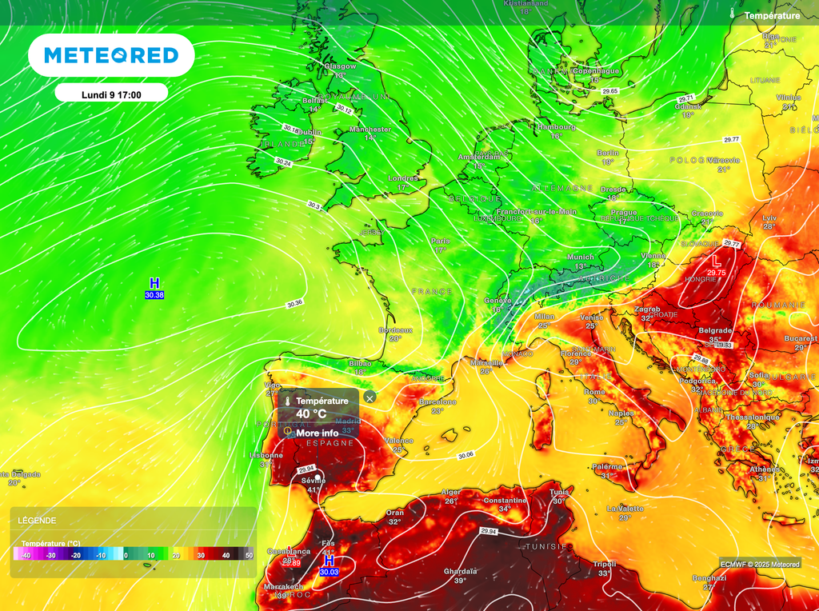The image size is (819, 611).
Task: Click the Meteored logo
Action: (111, 55)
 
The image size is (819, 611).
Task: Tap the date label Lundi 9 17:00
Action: (111, 94)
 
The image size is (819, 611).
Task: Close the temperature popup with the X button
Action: (370, 397)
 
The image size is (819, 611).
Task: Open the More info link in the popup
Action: (317, 433)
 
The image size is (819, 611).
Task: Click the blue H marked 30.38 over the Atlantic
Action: (154, 283)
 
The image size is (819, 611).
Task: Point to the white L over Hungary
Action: (717, 261)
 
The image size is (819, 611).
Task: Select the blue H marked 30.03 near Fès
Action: (328, 562)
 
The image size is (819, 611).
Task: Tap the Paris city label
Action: (441, 241)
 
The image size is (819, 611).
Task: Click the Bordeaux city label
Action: (395, 329)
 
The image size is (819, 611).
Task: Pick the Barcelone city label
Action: (437, 401)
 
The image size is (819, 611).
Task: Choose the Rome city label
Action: (594, 392)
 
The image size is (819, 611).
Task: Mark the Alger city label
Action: (451, 492)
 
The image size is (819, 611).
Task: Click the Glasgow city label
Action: (340, 66)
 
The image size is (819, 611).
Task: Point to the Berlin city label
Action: (608, 152)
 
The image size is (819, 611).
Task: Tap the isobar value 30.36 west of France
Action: (294, 303)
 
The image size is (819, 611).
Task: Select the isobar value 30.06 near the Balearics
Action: (465, 455)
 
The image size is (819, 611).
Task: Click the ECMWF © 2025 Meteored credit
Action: (759, 564)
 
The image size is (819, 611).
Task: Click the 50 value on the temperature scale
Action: (249, 555)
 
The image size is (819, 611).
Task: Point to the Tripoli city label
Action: (605, 564)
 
